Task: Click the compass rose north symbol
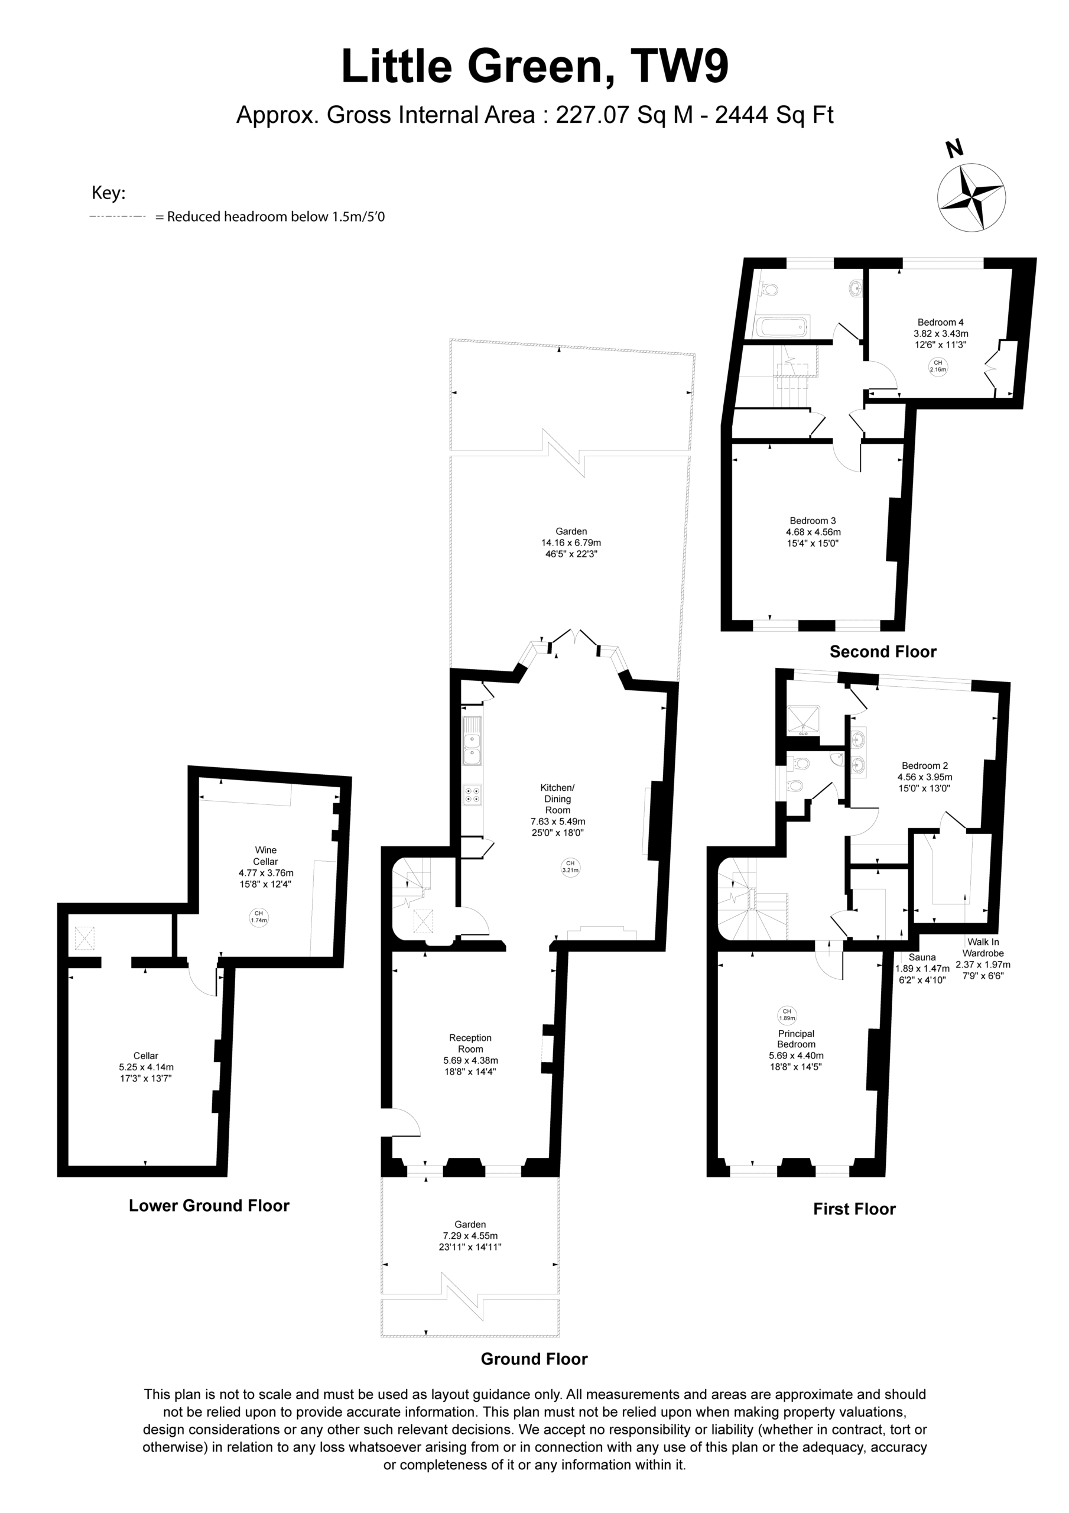click(971, 196)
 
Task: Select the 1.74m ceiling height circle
click(259, 917)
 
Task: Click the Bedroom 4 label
click(941, 322)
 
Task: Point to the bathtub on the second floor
click(782, 327)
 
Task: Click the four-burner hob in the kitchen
click(472, 794)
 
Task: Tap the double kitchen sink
click(472, 742)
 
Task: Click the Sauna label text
click(921, 957)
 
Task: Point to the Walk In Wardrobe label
click(983, 947)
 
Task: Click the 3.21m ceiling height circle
click(570, 866)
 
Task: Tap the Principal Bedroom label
click(796, 1038)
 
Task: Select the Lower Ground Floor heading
click(209, 1205)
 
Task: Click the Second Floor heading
click(882, 652)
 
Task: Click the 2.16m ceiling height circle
click(937, 366)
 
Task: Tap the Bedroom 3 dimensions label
click(813, 538)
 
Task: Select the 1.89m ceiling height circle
click(787, 1014)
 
